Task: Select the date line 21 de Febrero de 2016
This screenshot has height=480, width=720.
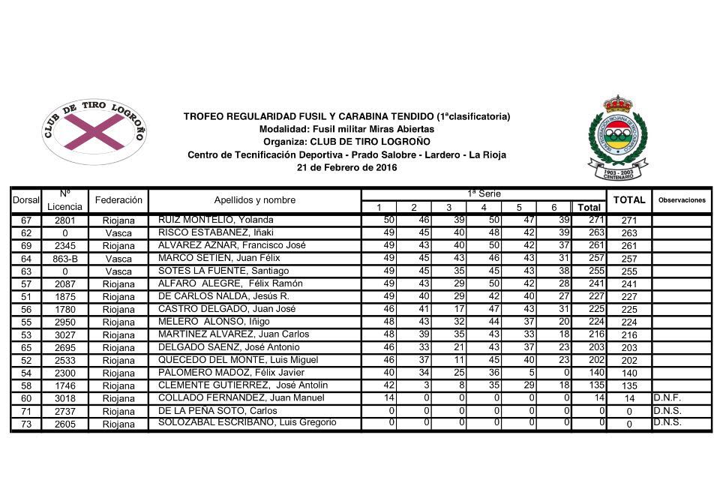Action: [346, 168]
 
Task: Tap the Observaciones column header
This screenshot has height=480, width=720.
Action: [682, 200]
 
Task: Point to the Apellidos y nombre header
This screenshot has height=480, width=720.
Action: [254, 200]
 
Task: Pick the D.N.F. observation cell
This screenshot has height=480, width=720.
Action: [667, 397]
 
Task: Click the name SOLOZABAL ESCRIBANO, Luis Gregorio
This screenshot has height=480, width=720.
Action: [247, 423]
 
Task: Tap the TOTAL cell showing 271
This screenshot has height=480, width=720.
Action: [629, 220]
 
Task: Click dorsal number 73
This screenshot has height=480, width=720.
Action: [26, 424]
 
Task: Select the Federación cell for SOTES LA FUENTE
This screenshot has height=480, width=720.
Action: [118, 271]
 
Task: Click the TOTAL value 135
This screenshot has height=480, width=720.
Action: [629, 385]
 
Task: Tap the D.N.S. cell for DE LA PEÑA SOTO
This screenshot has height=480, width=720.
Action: [667, 410]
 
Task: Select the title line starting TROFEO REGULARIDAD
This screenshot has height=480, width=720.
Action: [346, 116]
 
